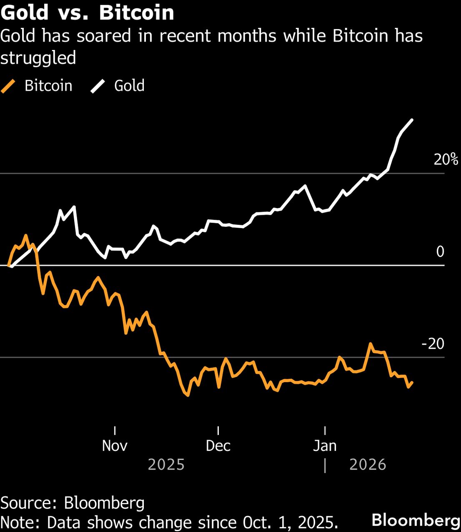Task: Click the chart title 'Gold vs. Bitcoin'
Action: tap(87, 12)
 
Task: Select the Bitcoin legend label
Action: tap(48, 86)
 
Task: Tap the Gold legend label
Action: tap(129, 86)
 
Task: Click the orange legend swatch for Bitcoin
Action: tap(8, 86)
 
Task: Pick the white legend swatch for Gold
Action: tap(98, 86)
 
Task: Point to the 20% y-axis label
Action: tap(446, 159)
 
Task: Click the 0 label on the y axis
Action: tap(440, 251)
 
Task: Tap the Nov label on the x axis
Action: tap(115, 446)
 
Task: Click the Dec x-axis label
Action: tap(218, 446)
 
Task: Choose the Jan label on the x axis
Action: tap(325, 446)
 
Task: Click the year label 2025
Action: tap(166, 465)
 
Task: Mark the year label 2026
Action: tap(368, 465)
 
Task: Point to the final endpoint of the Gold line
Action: tap(412, 120)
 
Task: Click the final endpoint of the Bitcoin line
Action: tap(412, 382)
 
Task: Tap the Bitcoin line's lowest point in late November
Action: tap(188, 395)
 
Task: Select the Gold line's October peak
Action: tap(74, 206)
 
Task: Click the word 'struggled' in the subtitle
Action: tap(38, 58)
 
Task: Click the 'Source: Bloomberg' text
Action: tap(73, 503)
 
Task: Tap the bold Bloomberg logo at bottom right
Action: tap(416, 520)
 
